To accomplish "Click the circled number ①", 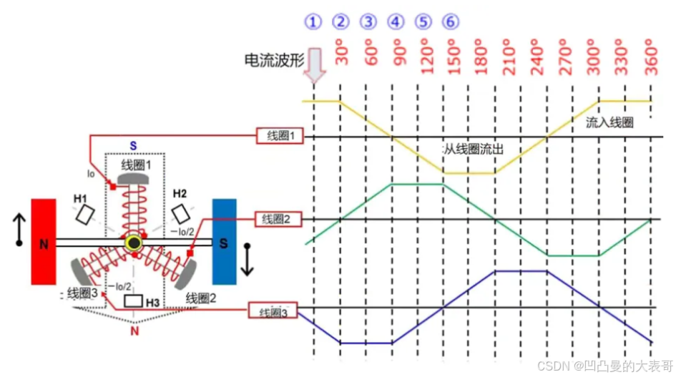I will click(x=313, y=21).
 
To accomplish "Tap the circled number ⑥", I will click(x=450, y=21).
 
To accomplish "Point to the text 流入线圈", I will click(x=609, y=122).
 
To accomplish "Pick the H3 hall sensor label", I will click(x=152, y=303).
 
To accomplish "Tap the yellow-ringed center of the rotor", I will click(x=134, y=244).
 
